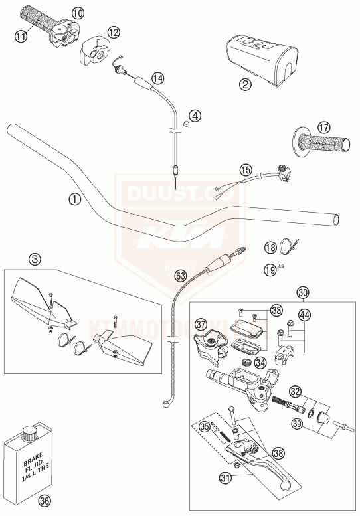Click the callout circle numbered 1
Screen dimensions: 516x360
pyautogui.click(x=74, y=199)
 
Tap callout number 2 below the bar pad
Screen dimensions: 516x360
pyautogui.click(x=245, y=84)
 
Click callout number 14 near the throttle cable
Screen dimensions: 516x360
pyautogui.click(x=157, y=78)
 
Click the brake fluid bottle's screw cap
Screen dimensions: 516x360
pyautogui.click(x=29, y=436)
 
